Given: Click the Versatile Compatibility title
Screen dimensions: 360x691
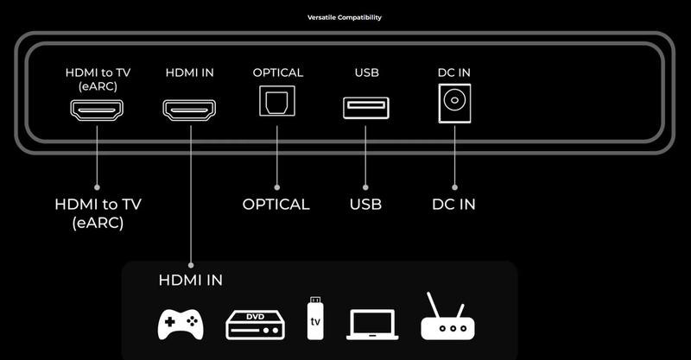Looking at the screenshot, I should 345,17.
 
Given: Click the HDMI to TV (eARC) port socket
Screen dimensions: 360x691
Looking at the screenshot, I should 97,109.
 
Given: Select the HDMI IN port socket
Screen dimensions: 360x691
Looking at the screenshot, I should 189,109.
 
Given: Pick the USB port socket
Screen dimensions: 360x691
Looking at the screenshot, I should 365,108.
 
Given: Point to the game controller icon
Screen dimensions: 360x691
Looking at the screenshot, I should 180,325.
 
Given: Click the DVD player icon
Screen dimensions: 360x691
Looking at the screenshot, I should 254,324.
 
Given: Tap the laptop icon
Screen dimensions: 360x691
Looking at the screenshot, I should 372,325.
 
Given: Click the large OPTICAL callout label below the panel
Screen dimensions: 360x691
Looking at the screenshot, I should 276,205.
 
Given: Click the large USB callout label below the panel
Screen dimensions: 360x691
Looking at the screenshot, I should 365,205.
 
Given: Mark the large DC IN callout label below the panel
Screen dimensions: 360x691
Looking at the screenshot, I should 453,205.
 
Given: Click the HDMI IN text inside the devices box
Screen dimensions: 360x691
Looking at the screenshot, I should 190,280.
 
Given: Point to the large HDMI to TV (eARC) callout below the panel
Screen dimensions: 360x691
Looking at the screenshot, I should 98,213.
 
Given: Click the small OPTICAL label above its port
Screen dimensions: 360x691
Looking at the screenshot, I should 277,73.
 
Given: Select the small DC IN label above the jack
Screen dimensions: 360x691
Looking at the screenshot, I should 453,73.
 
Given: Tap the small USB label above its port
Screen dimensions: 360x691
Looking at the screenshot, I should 366,73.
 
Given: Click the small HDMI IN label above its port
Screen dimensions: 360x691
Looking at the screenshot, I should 189,73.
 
